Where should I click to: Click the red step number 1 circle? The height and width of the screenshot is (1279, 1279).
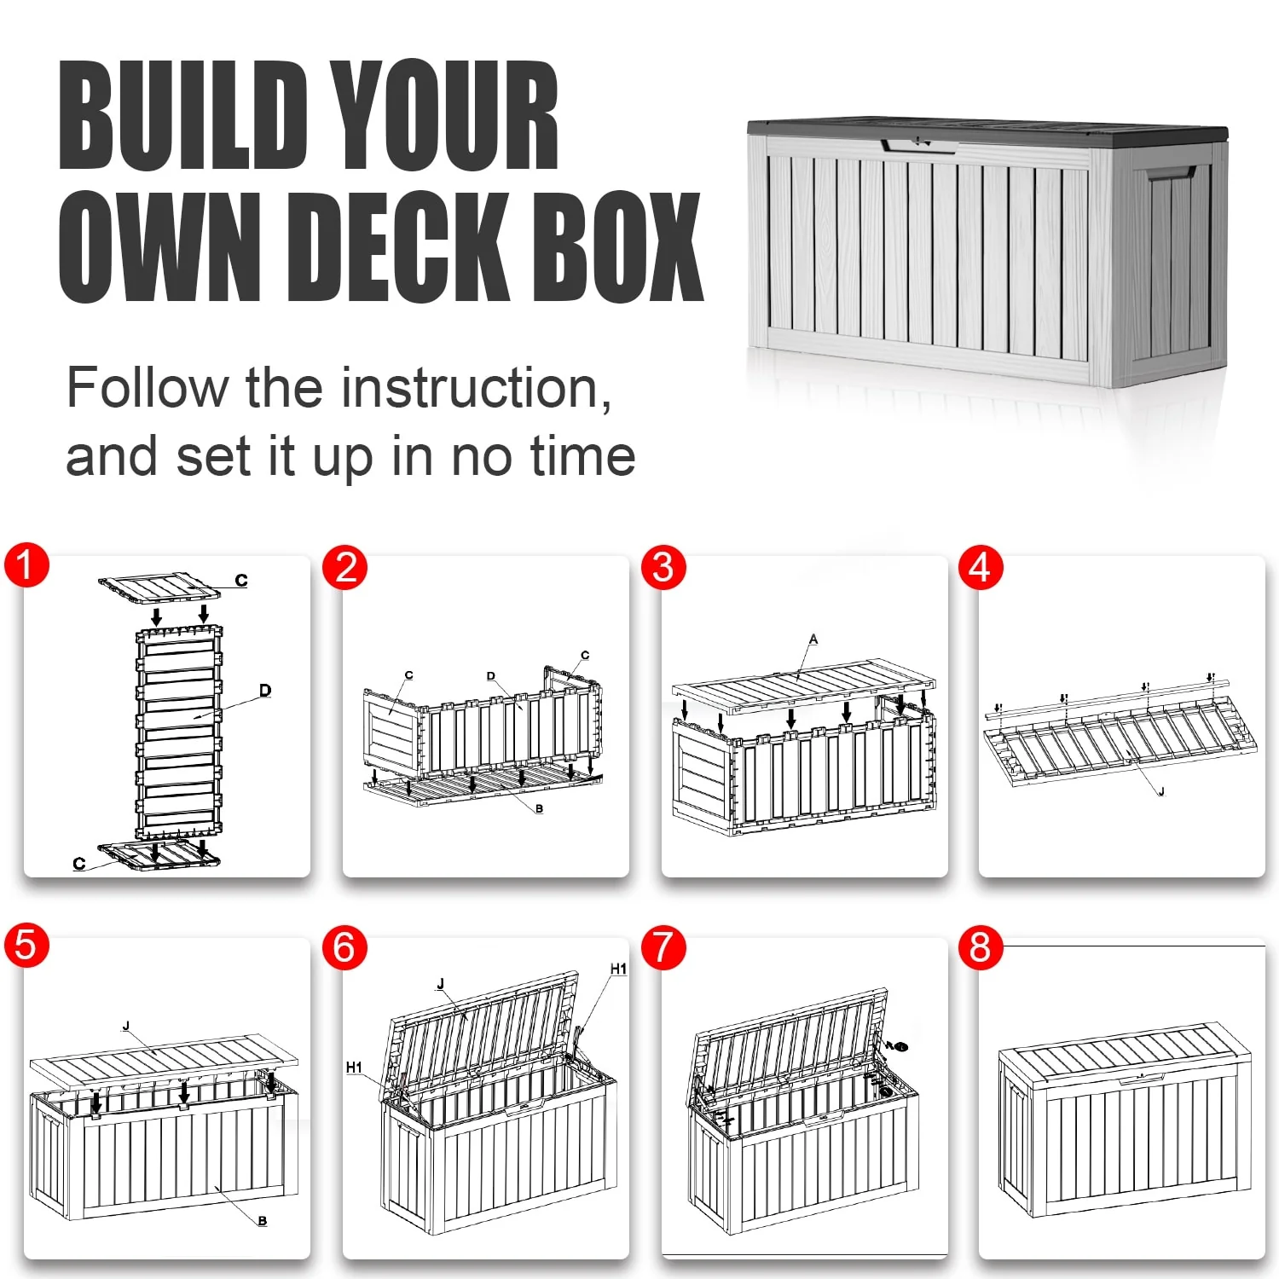click(x=26, y=565)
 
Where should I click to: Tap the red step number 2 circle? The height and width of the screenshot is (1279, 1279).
click(x=345, y=568)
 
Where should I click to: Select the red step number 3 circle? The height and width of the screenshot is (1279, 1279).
click(x=663, y=568)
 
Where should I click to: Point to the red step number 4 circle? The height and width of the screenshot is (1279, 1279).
click(x=981, y=568)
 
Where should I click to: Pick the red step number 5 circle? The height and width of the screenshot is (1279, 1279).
click(x=26, y=946)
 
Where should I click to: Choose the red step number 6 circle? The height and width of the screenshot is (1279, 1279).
click(x=344, y=948)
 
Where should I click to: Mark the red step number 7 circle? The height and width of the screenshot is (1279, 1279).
click(x=663, y=948)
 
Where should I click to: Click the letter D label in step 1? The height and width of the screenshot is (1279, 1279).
click(x=265, y=690)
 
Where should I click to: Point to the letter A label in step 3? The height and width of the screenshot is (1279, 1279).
click(x=813, y=639)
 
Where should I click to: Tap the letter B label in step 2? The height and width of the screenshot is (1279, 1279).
click(x=539, y=808)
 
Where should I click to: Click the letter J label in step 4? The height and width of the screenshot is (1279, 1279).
click(x=1161, y=792)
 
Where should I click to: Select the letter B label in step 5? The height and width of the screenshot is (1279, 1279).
click(x=263, y=1221)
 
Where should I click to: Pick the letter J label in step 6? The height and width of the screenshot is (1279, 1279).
click(x=441, y=984)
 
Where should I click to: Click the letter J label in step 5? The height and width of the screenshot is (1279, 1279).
click(x=126, y=1026)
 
